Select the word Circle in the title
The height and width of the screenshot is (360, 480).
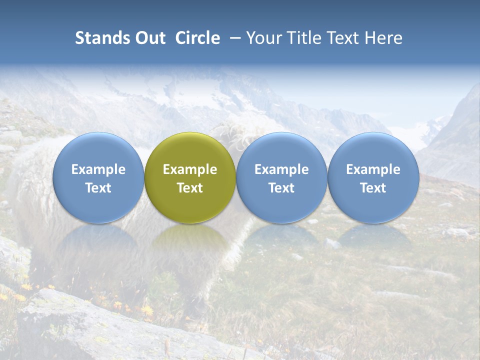click(x=197, y=38)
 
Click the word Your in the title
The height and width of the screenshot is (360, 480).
click(x=263, y=38)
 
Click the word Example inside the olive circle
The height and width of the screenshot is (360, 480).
click(x=190, y=169)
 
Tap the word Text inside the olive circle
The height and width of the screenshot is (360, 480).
click(x=190, y=188)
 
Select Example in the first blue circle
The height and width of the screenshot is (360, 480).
click(x=98, y=169)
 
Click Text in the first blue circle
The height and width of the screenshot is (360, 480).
click(x=98, y=188)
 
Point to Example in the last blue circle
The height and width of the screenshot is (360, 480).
click(x=373, y=169)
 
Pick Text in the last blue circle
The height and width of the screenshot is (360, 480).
click(x=373, y=188)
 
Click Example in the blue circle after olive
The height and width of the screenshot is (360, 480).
click(x=281, y=169)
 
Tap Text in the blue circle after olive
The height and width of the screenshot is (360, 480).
click(x=281, y=188)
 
